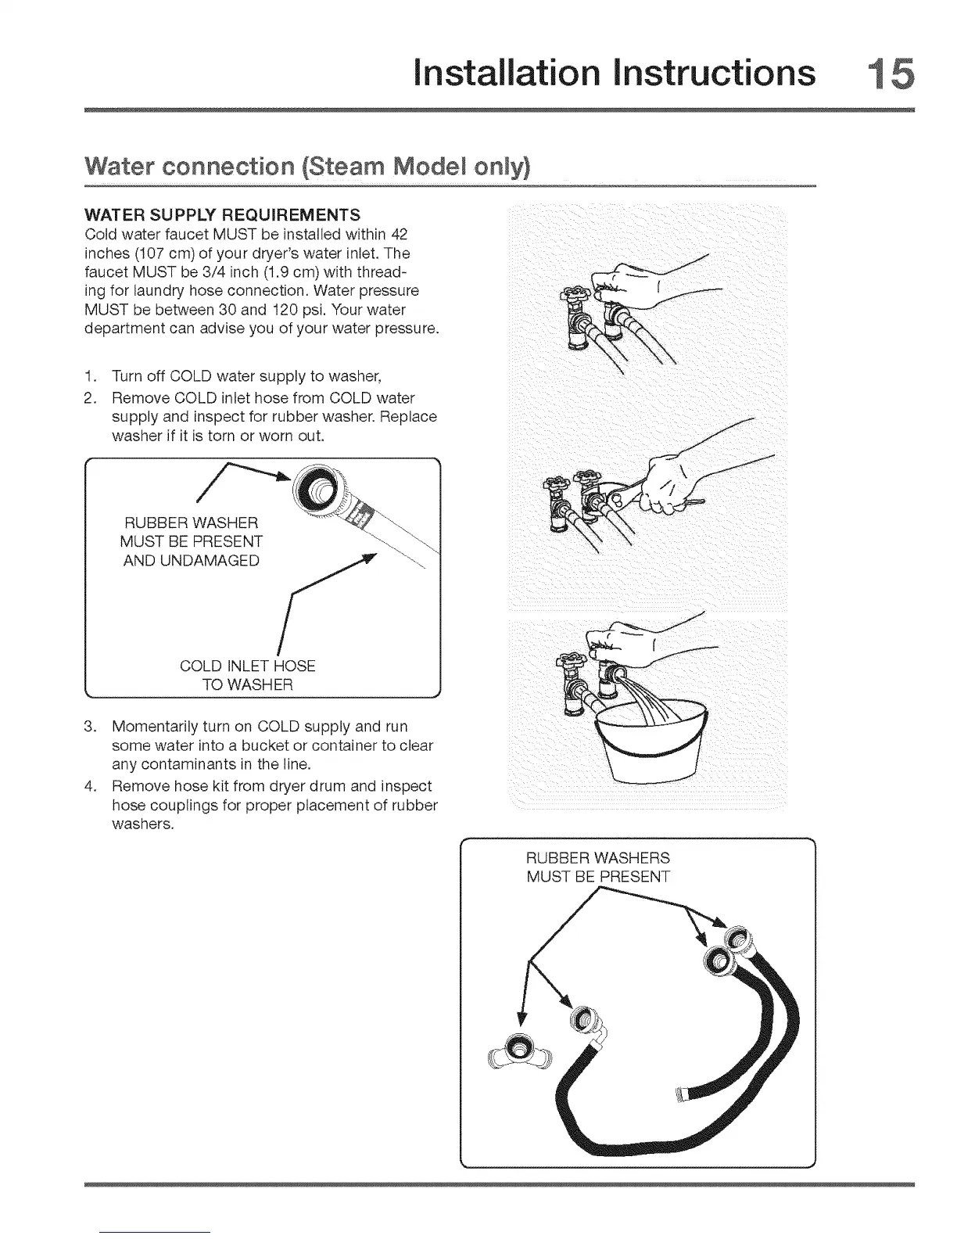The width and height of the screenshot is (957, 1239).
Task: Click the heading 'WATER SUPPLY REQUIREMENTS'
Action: click(x=222, y=215)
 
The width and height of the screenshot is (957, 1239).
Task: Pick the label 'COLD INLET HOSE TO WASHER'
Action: click(x=247, y=676)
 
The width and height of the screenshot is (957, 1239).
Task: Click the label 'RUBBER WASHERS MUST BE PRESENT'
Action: click(x=598, y=867)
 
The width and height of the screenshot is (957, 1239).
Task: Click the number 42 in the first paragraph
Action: click(x=398, y=235)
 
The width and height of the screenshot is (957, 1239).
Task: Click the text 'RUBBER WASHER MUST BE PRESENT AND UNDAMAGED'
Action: click(x=192, y=541)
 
